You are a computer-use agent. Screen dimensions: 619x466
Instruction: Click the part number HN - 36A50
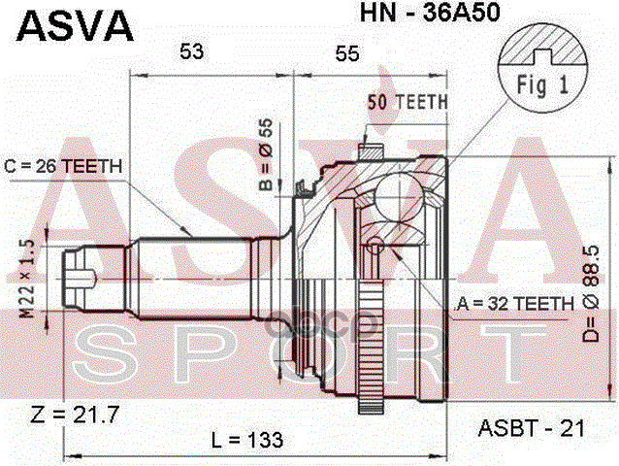pos(430,12)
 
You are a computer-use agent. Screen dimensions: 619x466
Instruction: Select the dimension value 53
pos(191,51)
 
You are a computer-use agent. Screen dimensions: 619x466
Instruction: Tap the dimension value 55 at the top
pos(347,53)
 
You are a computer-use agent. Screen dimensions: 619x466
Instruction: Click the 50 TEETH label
pos(407,102)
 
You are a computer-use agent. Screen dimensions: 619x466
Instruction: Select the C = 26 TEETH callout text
pos(63,166)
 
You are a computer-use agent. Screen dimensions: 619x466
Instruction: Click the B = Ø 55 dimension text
pos(266,154)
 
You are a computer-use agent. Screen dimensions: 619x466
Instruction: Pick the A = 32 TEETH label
pos(515,304)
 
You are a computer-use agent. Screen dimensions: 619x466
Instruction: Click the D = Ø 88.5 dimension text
pos(591,293)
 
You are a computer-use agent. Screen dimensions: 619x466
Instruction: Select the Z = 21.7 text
pos(75,415)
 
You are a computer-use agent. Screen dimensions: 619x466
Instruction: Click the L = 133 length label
pos(247,440)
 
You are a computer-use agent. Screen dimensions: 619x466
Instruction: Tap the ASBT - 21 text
pos(532,428)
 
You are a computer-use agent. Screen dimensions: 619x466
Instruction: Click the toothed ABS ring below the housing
pos(372,347)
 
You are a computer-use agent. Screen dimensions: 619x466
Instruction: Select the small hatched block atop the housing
pos(371,151)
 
